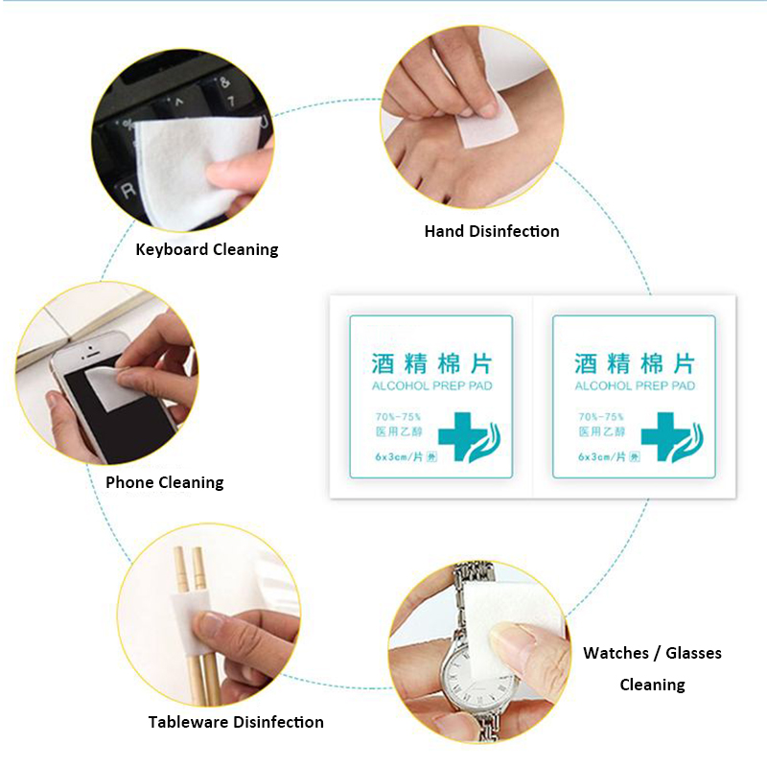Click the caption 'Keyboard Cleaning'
[207, 249]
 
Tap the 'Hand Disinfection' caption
[492, 231]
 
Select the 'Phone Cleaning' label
[165, 482]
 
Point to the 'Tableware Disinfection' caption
[236, 722]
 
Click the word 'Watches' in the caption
[616, 653]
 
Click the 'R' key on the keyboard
[129, 190]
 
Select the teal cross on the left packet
[457, 436]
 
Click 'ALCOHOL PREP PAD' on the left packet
[432, 386]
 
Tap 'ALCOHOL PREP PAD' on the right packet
[635, 386]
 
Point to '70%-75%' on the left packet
[398, 417]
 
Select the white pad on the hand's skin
[487, 125]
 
